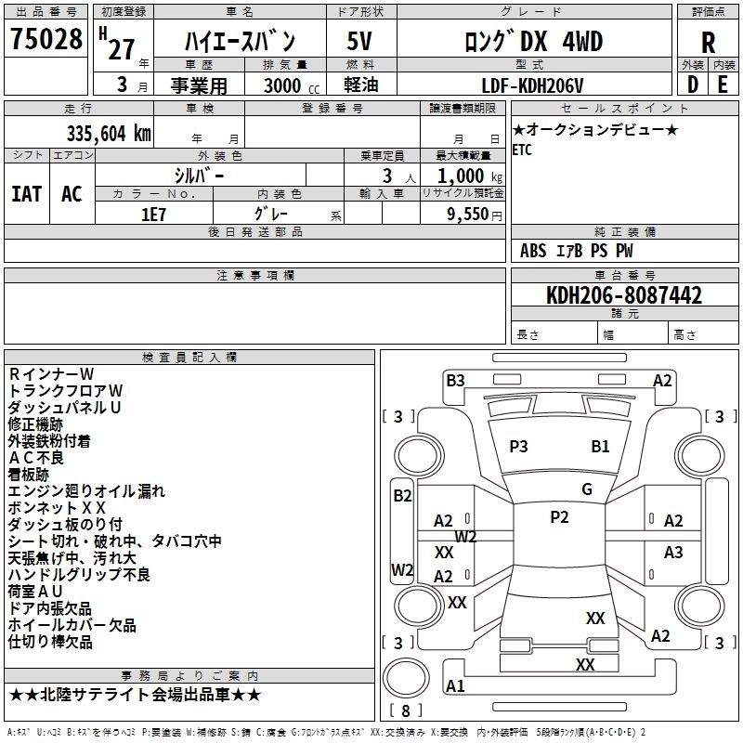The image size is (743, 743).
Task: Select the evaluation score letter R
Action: point(708,42)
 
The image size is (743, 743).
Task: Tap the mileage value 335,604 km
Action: point(109,133)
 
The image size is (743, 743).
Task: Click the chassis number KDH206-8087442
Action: point(624,295)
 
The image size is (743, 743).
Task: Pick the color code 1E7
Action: point(153,212)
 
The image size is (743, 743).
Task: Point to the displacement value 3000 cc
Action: point(285,85)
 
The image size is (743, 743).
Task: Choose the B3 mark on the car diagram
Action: point(455,380)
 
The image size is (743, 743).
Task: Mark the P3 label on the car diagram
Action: point(518,447)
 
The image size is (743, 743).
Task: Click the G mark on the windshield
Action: point(587,489)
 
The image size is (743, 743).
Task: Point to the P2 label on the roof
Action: point(559,517)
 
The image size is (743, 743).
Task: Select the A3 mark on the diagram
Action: point(673,553)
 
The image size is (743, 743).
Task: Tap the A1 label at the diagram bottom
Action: point(455,686)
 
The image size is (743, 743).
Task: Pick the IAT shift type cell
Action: point(27,193)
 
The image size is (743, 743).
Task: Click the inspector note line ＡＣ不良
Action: point(36,457)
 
